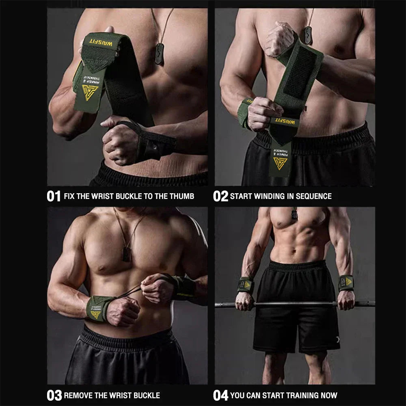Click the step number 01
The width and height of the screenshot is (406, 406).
54,197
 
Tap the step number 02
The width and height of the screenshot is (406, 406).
220,197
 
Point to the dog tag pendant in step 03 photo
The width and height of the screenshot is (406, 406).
127,253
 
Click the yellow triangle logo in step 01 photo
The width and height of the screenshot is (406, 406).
90,92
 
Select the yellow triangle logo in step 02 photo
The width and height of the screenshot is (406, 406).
280,163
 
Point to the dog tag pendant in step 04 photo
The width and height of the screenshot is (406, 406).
294,214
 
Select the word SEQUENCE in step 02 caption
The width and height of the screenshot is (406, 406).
314,197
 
